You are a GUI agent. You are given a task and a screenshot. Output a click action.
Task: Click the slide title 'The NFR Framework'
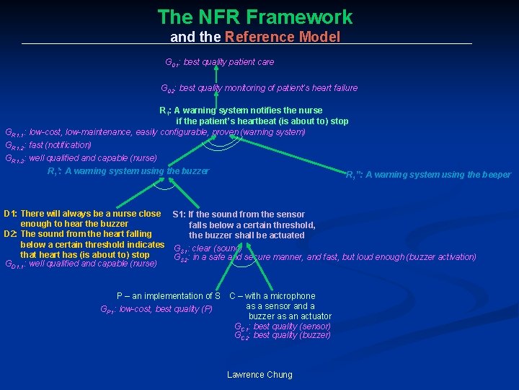(255, 17)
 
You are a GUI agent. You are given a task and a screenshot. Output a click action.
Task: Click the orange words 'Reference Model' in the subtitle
(283, 37)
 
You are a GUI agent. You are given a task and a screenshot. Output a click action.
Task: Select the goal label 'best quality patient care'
(229, 62)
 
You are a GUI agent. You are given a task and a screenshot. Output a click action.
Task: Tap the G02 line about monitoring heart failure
(268, 88)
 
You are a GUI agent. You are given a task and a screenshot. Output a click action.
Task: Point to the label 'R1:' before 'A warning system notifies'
(164, 110)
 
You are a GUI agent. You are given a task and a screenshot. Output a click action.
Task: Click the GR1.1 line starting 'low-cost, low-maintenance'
(167, 132)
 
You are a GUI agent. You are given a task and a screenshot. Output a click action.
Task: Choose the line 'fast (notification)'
(60, 145)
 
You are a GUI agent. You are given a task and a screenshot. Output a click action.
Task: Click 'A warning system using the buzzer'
(137, 171)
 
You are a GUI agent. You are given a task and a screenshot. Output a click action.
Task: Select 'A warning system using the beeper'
(438, 174)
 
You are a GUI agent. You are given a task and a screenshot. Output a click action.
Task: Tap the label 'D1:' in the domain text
(10, 214)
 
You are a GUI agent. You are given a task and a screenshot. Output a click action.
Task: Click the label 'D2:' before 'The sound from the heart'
(10, 234)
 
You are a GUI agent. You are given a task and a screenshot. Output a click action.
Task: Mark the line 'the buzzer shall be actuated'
(247, 235)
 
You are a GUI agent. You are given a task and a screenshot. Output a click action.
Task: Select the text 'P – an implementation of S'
(169, 296)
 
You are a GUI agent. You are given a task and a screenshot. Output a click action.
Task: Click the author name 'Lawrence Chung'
(259, 374)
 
